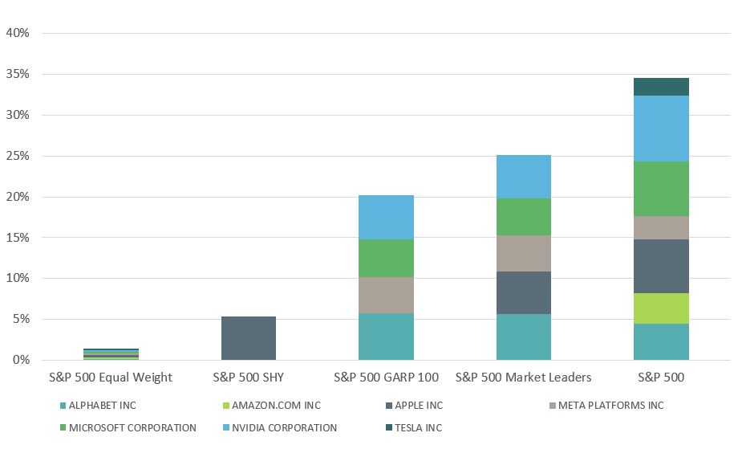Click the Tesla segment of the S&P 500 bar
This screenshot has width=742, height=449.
661,87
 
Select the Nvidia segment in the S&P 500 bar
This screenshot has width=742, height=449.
661,129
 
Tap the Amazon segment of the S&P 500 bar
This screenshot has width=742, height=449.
661,308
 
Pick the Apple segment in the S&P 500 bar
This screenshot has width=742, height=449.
661,266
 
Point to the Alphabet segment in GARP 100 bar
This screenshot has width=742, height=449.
386,337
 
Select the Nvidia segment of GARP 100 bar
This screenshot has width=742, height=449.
386,217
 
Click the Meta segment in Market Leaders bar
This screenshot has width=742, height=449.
524,253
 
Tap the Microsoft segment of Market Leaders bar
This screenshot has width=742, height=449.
524,217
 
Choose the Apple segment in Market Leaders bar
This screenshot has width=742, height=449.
524,292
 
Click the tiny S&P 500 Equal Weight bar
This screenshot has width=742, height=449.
111,354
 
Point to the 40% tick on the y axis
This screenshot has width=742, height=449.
18,34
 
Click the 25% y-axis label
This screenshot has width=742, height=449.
18,156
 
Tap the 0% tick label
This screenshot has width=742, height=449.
21,360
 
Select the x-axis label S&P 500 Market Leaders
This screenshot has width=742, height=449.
523,377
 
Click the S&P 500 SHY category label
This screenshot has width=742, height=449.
249,377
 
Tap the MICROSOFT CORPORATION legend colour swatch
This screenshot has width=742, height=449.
63,428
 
